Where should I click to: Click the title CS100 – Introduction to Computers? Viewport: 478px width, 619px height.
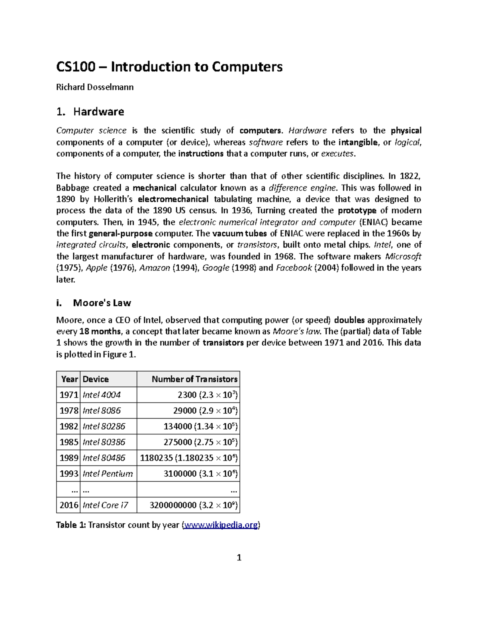169,67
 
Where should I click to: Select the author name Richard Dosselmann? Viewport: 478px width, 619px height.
95,87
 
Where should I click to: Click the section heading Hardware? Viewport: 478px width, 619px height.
98,112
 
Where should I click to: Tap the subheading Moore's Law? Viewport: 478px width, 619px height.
102,303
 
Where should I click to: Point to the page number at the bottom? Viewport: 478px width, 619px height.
239,557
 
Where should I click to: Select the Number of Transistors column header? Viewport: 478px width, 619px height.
194,379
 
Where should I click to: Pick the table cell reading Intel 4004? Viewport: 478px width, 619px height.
102,395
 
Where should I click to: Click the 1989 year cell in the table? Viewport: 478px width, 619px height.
69,458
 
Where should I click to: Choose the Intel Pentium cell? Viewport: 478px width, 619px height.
108,474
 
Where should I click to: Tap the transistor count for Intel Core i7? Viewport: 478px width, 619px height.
194,505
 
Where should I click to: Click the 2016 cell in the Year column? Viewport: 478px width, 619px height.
69,505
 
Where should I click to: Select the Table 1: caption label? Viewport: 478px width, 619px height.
71,525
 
